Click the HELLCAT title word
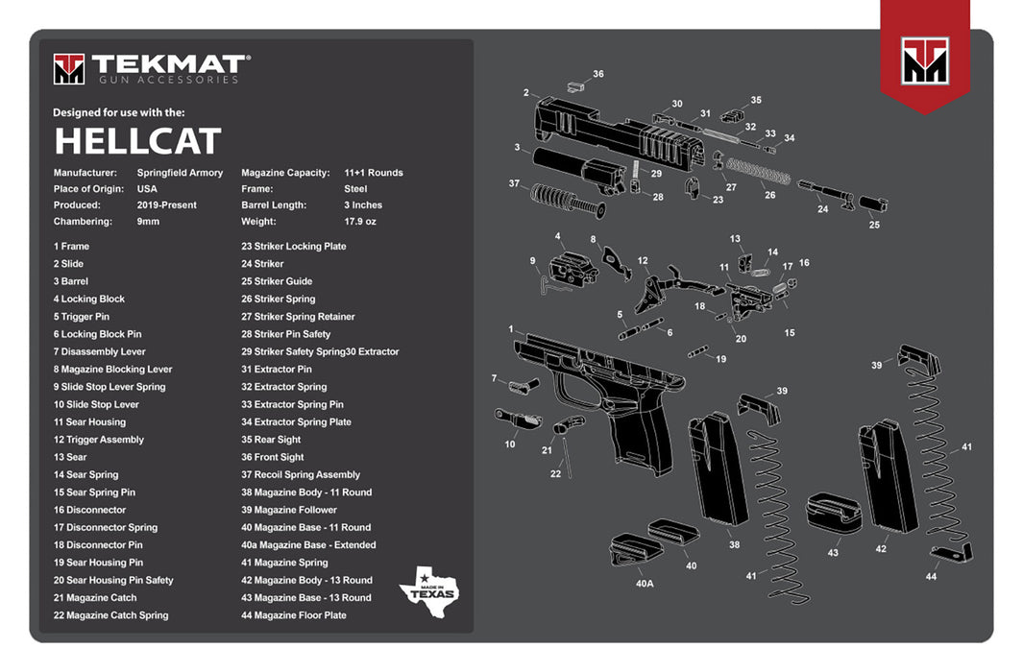coord(137,141)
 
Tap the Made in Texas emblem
coord(428,585)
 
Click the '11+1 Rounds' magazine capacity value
coord(374,173)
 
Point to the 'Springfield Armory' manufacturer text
coord(180,173)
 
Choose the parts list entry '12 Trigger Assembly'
coord(99,440)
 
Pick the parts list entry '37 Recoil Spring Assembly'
coord(301,474)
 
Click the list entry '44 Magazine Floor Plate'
coord(294,615)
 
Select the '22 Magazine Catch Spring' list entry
coord(110,615)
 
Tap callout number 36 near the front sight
coord(598,74)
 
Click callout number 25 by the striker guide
coord(874,225)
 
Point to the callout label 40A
coord(644,583)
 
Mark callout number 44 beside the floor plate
coord(931,576)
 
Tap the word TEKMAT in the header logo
coord(167,64)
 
